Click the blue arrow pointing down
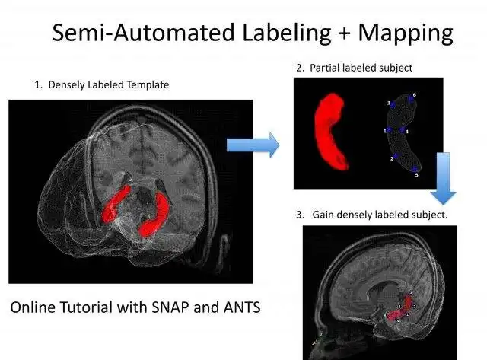446,179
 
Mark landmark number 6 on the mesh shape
413,97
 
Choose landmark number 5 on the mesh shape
415,174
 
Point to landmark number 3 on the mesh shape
390,104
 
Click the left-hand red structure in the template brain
119,202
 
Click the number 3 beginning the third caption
299,215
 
